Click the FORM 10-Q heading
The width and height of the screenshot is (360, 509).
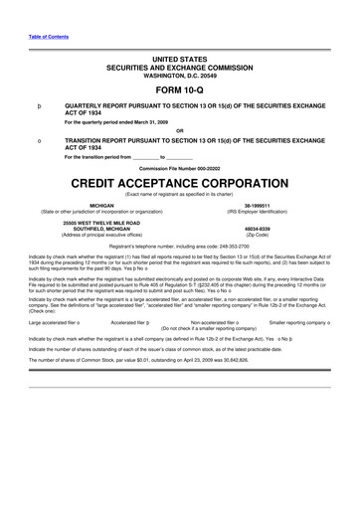[x=180, y=87]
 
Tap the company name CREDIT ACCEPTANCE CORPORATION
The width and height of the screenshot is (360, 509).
[x=180, y=185]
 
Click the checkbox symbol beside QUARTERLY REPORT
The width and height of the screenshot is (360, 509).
[x=39, y=103]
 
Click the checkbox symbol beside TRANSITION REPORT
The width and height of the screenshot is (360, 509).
[x=39, y=141]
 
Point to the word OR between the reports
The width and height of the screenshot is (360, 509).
[x=180, y=131]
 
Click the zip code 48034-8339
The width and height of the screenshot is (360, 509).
[x=258, y=227]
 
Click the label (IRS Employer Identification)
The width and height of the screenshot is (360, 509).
[x=258, y=212]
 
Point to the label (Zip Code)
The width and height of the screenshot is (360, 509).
[x=258, y=234]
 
